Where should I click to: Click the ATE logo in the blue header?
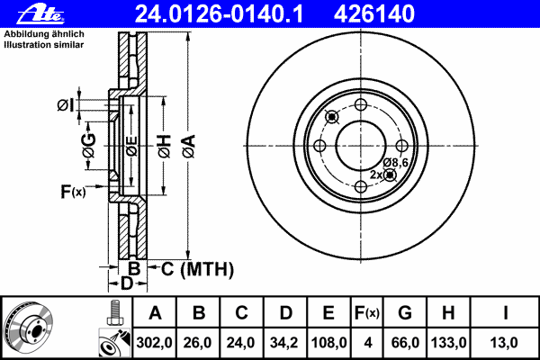point(40,14)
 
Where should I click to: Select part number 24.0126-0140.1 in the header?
point(219,13)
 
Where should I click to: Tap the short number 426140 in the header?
point(374,13)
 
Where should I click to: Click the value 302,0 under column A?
point(154,343)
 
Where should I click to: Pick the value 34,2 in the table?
point(284,343)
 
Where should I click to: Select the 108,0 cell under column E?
point(328,343)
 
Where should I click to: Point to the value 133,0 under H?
point(448,343)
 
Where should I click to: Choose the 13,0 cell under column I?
point(504,343)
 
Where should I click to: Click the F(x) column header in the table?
point(366,313)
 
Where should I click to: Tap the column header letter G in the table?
point(405,313)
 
